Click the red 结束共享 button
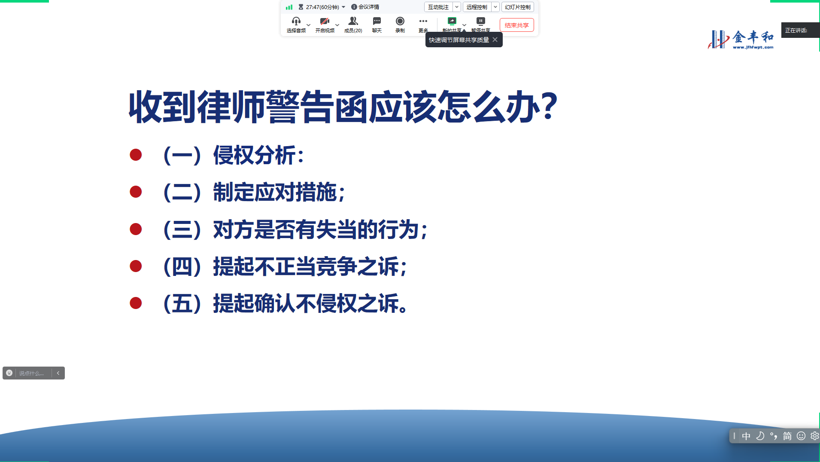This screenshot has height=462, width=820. (516, 25)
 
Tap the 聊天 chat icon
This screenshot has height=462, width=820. (377, 21)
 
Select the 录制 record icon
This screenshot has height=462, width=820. (400, 21)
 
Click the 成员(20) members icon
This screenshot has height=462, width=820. (353, 21)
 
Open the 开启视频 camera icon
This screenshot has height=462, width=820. (325, 21)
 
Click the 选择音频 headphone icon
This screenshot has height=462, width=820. (296, 21)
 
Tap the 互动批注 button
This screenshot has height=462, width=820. (438, 7)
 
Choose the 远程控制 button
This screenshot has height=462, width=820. (477, 7)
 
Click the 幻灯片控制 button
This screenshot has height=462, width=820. (518, 7)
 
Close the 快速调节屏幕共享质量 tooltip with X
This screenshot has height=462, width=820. (495, 40)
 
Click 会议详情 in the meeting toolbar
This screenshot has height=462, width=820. (365, 7)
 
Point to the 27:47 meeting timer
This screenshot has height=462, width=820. (322, 7)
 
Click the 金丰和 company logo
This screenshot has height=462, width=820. (741, 40)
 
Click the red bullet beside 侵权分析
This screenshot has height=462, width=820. (136, 155)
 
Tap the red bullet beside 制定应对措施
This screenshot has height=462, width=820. (136, 192)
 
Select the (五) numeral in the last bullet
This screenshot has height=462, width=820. (182, 303)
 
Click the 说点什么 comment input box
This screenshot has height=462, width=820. (33, 373)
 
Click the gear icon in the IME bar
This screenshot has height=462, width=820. (814, 436)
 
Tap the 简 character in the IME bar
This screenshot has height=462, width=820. (787, 436)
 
